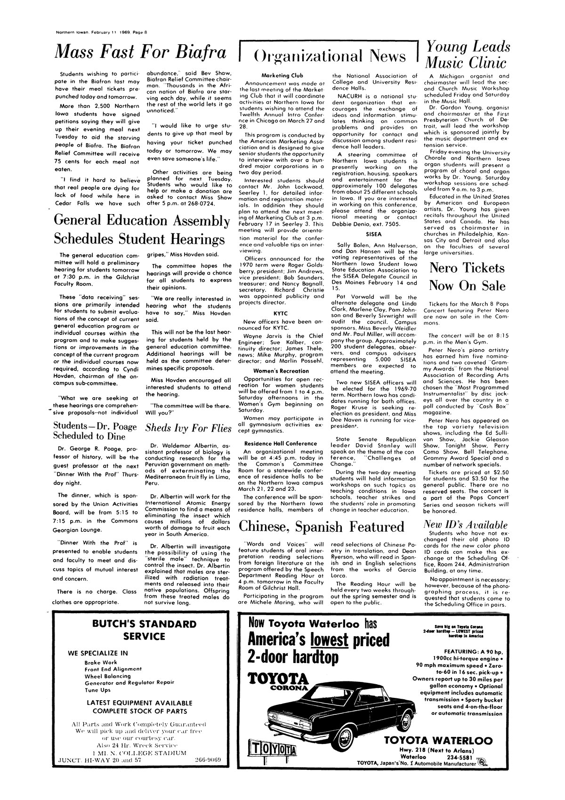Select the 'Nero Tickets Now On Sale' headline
(x=467, y=277)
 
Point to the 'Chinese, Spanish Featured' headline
(x=322, y=526)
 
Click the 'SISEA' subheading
(x=373, y=233)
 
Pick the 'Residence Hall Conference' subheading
(x=281, y=443)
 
